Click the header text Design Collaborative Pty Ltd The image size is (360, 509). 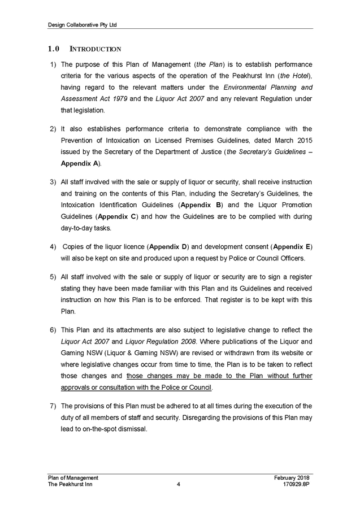[x=83, y=25]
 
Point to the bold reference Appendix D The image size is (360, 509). [x=175, y=247]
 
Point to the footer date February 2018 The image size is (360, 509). [x=292, y=478]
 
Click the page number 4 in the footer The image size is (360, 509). [x=179, y=484]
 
